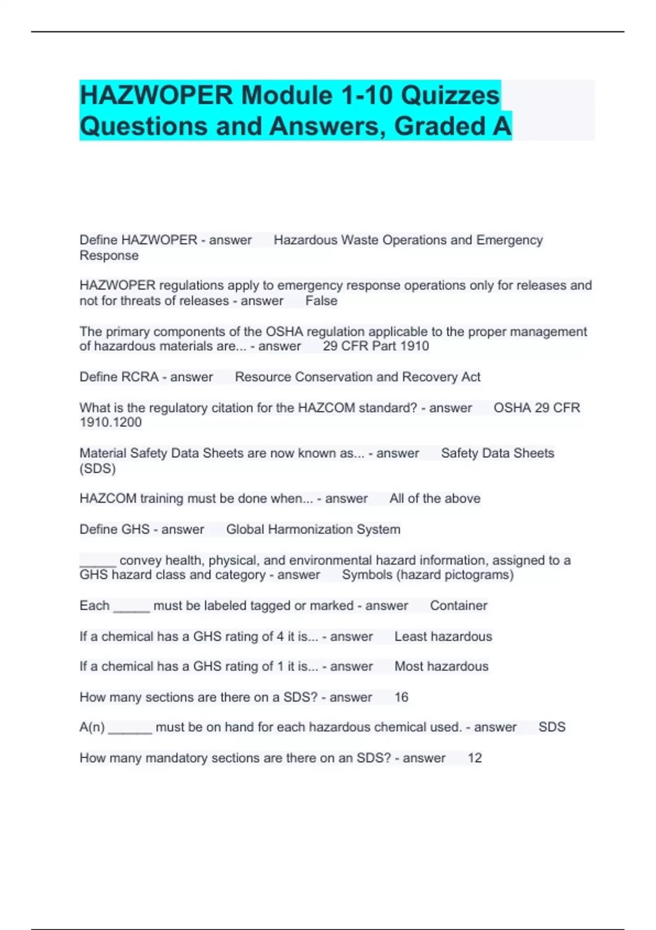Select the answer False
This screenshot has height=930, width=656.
coord(321,301)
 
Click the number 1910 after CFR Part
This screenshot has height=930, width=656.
coord(414,346)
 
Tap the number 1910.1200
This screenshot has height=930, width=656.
coord(110,422)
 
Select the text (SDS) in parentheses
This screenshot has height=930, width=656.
coord(97,469)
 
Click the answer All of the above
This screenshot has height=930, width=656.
coord(435,498)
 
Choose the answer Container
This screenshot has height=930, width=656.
coord(458,606)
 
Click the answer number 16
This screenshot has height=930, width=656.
coord(401,697)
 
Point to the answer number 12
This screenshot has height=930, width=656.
coord(475,758)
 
